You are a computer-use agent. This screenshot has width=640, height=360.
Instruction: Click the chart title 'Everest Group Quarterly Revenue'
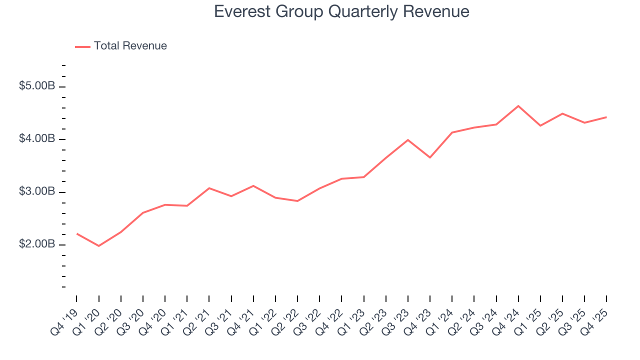coord(341,11)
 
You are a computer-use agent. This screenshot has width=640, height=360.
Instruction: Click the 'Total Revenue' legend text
coord(130,46)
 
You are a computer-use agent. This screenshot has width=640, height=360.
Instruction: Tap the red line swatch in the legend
coord(82,46)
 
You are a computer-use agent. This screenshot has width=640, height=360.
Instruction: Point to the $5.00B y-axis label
coord(37,86)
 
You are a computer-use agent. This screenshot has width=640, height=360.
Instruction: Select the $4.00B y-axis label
coord(37,138)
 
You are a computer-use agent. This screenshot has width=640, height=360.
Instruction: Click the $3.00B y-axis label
coord(37,191)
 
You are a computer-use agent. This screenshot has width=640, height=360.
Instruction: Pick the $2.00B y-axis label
coord(37,244)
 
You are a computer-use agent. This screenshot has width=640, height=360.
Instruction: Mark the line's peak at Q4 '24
coord(518,106)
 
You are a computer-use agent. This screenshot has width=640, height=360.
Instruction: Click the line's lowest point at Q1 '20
coord(98,246)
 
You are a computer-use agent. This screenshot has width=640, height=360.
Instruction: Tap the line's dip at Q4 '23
coord(430,157)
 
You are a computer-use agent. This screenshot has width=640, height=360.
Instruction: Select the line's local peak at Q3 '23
coord(408,140)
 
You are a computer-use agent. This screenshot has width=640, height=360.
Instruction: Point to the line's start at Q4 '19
coord(76,233)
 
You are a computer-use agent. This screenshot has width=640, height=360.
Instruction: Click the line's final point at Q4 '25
coord(606,117)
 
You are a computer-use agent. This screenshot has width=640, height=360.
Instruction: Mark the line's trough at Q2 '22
coord(297,201)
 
